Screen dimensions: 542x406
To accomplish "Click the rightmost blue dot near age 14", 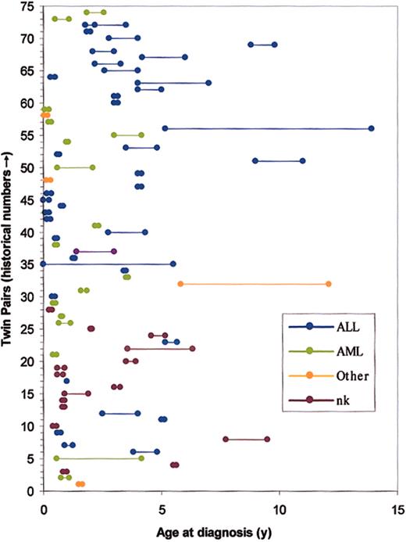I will pos(372,128).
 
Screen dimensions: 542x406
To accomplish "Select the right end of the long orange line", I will pos(328,284).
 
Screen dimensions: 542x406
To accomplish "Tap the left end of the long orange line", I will pos(180,284).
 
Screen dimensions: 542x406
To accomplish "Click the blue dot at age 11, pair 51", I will pos(302,161).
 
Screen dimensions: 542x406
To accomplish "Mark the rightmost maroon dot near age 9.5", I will pos(267,440).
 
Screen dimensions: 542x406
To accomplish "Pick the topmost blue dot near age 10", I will pos(274,45).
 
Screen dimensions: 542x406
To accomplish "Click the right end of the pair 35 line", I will pos(173,264).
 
